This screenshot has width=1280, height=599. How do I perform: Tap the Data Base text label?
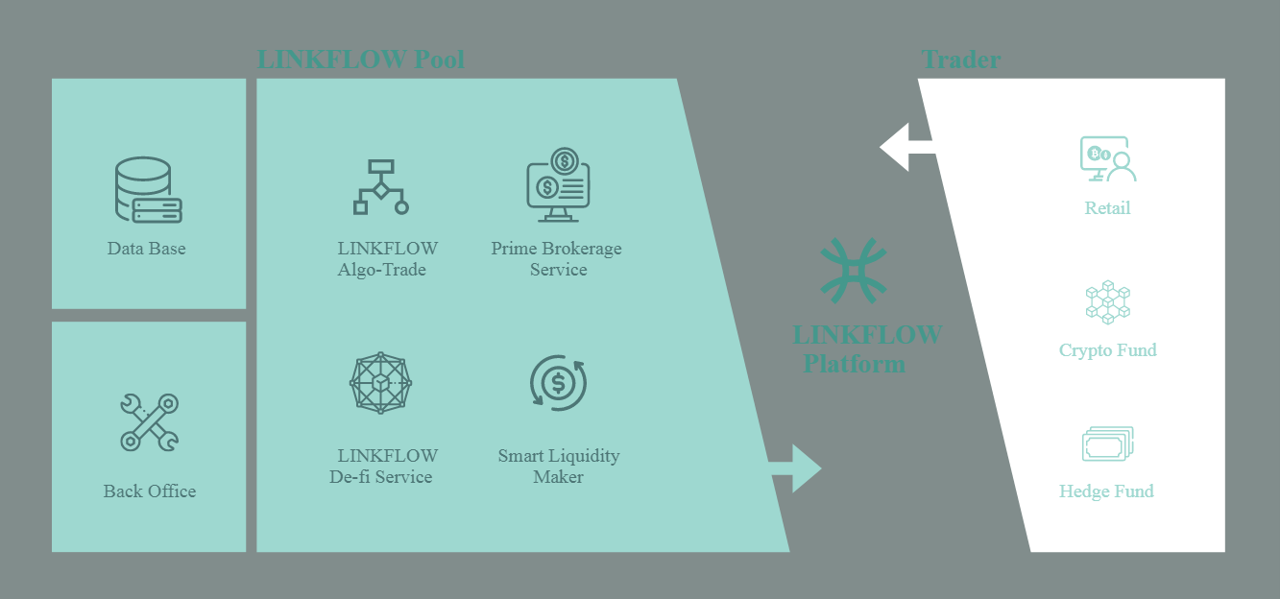[x=147, y=249]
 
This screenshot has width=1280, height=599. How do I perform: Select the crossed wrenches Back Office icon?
[x=149, y=421]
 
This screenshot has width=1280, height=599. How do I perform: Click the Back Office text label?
[x=150, y=491]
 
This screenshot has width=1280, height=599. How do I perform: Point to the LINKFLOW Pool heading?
[x=360, y=60]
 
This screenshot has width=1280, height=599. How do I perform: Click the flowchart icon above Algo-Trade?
[x=381, y=186]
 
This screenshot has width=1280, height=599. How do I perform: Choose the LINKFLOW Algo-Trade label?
[x=387, y=259]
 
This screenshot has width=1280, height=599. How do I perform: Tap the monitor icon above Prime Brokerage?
[x=558, y=180]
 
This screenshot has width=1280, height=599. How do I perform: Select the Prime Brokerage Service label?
[x=557, y=259]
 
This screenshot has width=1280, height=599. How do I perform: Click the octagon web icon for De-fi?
[x=380, y=383]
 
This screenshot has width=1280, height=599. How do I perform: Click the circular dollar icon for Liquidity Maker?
[x=558, y=383]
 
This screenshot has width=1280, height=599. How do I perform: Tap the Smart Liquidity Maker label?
[x=558, y=467]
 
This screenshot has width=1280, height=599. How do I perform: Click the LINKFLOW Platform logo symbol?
[x=854, y=272]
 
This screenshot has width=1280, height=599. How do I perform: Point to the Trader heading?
[x=960, y=60]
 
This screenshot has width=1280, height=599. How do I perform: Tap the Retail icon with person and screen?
[x=1107, y=160]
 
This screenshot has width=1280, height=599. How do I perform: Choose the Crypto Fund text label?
[x=1107, y=350]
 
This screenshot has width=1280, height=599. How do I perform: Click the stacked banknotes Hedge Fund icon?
[x=1107, y=444]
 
